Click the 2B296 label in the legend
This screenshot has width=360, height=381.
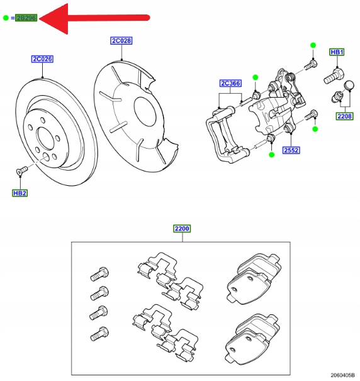(26, 18)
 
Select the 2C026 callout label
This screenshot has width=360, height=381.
(42, 59)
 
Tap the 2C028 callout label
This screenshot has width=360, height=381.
(121, 40)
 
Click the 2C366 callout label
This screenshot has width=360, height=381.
(230, 83)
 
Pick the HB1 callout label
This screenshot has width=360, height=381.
(337, 52)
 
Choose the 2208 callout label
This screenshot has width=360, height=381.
(344, 117)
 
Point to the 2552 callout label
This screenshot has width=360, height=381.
(291, 150)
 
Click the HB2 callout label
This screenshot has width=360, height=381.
(20, 193)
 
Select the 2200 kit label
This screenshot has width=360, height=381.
(182, 229)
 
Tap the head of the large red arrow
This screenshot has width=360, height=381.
(53, 18)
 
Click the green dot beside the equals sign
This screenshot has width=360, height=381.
(6, 18)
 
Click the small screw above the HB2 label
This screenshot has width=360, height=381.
(21, 170)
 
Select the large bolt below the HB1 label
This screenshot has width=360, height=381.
(334, 76)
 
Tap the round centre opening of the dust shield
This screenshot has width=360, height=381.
(145, 111)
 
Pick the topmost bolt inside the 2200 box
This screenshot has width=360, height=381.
(99, 274)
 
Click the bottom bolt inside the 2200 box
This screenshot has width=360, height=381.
(99, 334)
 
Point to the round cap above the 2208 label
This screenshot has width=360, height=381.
(349, 85)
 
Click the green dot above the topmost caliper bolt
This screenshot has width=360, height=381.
(313, 45)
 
